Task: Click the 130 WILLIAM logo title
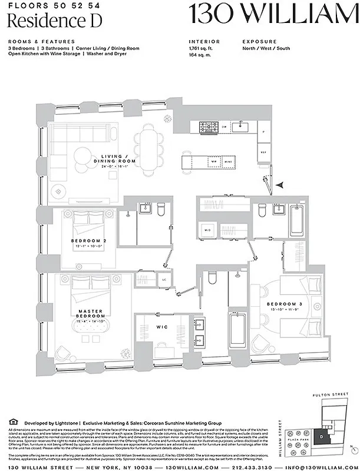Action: coord(273,14)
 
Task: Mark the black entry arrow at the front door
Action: coord(282,185)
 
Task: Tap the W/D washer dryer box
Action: coord(208,229)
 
